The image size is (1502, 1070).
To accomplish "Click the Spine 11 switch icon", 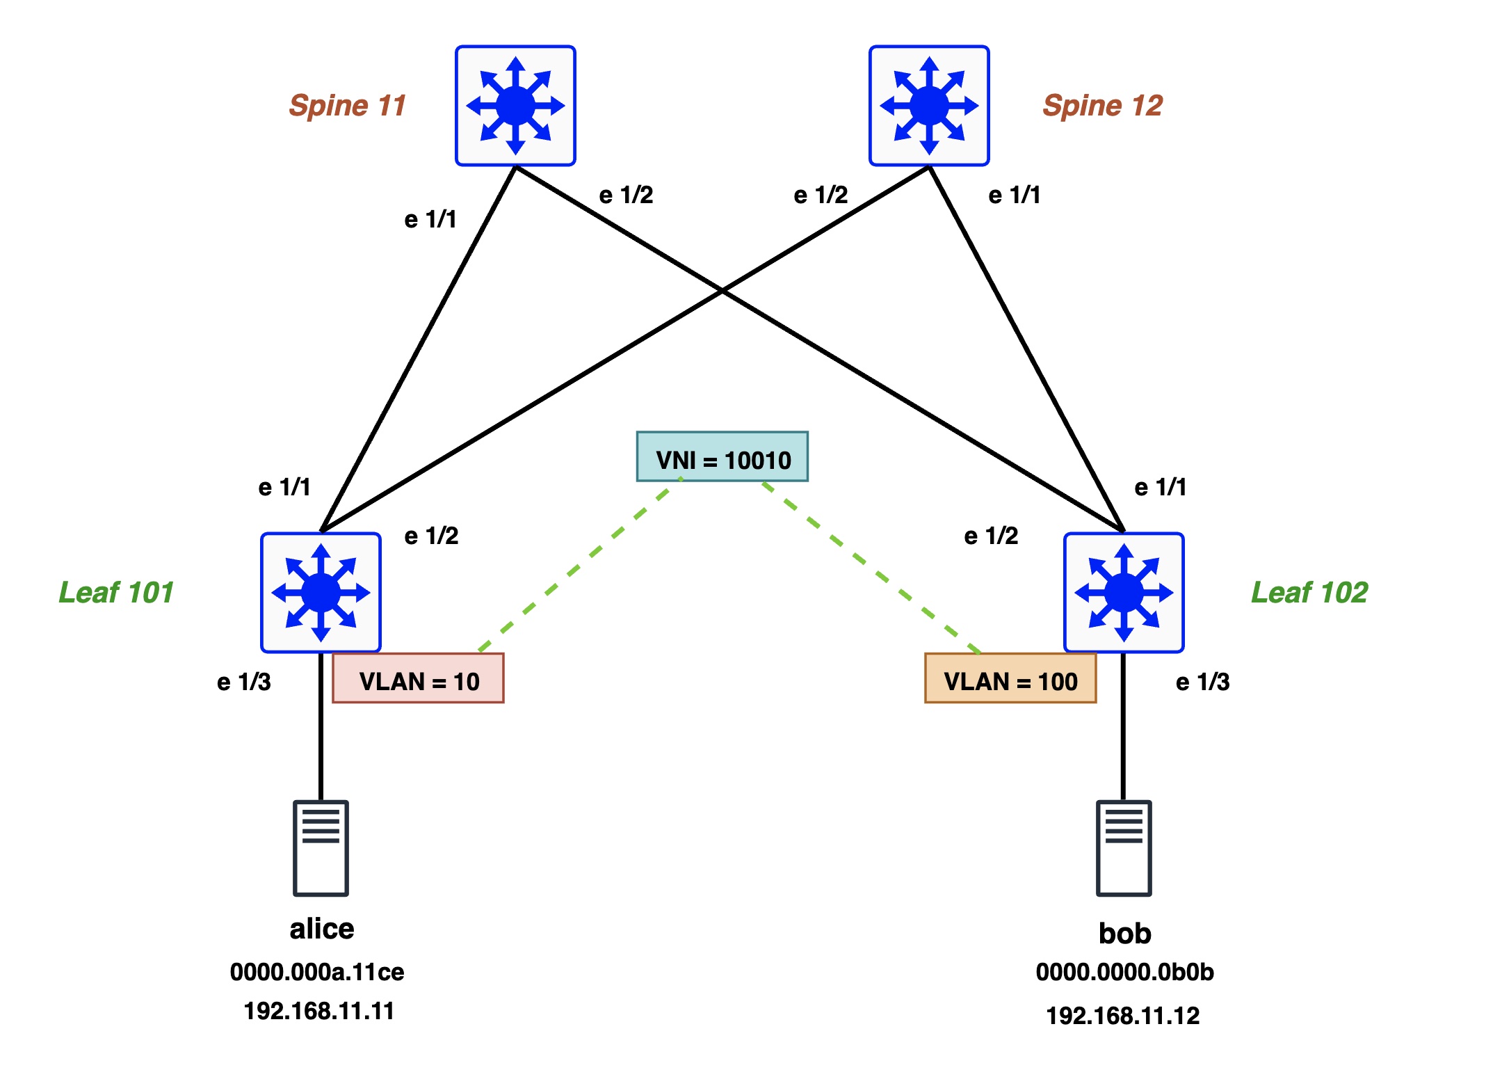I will coord(515,106).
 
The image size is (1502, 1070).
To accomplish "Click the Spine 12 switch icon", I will coord(929,106).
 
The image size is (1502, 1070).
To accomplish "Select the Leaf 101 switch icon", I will coord(321,593).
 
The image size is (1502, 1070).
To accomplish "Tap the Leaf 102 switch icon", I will coord(1124,593).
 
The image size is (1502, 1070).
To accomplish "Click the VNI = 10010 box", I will coord(722,457).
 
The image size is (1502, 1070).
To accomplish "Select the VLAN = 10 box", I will coord(418,678).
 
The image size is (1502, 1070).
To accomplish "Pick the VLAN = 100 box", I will coord(1010,678).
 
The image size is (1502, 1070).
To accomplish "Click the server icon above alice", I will coord(321,848).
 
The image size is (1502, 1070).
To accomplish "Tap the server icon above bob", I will coord(1124,848).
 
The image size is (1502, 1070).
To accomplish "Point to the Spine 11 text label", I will coord(348,106).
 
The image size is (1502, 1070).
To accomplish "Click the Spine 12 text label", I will coord(1102,106).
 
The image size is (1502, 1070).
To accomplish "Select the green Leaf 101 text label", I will coord(116,593).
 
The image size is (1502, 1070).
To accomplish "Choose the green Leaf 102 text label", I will coord(1309,593).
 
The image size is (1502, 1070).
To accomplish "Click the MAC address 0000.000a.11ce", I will coord(317,972).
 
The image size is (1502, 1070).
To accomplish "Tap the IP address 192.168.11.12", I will coord(1123,1016).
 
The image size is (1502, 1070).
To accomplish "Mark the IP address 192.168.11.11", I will coord(319,1011).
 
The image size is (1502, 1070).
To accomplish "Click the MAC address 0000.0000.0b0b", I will coord(1124,972).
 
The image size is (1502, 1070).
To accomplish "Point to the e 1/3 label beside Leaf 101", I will coord(244,682).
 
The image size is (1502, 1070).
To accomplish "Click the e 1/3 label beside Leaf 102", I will coord(1202,682).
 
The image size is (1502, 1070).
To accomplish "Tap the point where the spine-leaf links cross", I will coord(722,291).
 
